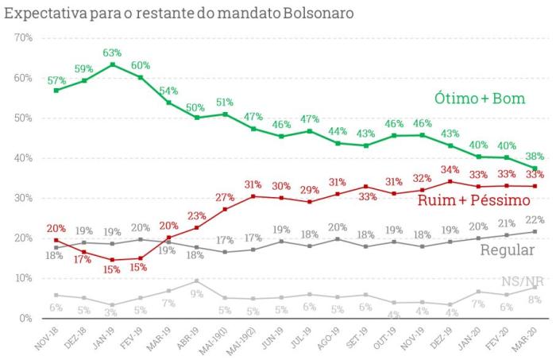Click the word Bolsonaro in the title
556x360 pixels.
[x=311, y=14]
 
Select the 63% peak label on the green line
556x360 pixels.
[x=113, y=52]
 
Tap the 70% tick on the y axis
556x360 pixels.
[x=22, y=38]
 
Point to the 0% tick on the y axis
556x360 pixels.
[x=25, y=318]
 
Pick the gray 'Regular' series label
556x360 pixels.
[x=507, y=250]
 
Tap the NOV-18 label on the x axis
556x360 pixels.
[x=49, y=337]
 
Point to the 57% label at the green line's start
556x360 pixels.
[x=56, y=80]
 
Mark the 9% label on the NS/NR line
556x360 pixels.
[x=196, y=295]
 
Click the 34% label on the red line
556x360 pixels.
[x=451, y=169]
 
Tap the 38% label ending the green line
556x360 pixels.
[x=534, y=157]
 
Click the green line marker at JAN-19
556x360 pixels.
[x=113, y=64]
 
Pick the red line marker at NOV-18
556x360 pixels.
[x=56, y=240]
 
